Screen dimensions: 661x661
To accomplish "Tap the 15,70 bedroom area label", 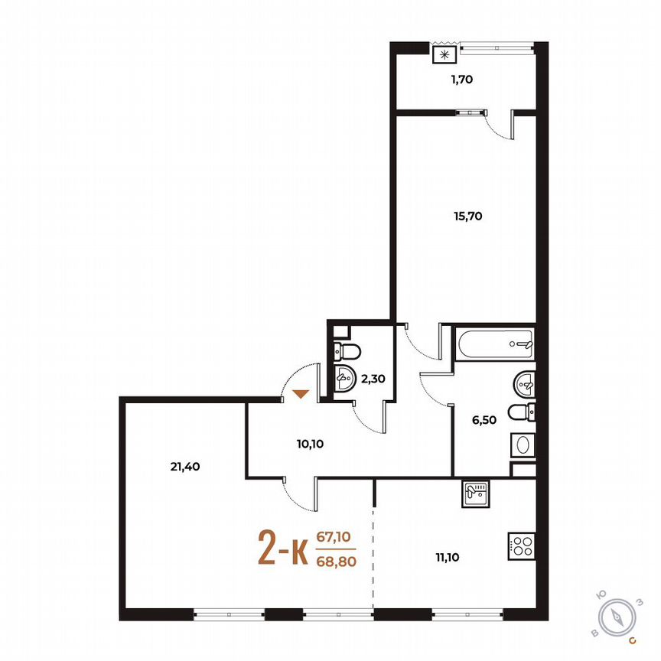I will click(x=467, y=216).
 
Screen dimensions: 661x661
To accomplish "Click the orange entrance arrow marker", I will click(x=301, y=394).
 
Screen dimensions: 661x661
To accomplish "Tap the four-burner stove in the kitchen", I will click(x=522, y=545).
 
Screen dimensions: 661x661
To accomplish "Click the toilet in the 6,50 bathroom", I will click(x=522, y=412).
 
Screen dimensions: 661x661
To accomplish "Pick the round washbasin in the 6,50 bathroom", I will click(x=525, y=380).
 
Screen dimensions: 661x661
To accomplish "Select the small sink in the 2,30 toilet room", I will click(x=344, y=377).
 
